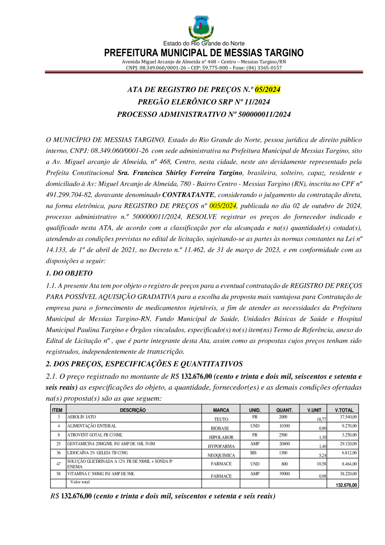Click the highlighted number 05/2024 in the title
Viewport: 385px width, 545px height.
tap(267, 89)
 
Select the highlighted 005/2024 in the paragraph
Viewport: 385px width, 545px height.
tap(223, 205)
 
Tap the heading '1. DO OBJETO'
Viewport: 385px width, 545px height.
tap(69, 273)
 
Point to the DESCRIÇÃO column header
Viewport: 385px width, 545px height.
tap(133, 410)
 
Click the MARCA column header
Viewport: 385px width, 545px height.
tap(221, 410)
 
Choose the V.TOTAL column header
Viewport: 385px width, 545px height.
tap(344, 410)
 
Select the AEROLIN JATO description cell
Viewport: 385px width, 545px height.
tap(82, 417)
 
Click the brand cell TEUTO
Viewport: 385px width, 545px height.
tap(221, 419)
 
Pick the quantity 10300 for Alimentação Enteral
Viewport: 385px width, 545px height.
tap(284, 426)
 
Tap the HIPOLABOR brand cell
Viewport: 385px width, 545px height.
tap(221, 437)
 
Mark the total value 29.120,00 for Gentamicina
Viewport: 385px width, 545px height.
tap(349, 444)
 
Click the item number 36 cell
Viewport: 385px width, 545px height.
tap(58, 453)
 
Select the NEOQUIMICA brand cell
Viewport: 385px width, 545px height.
tap(221, 455)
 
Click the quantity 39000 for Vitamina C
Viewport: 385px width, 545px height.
tap(284, 474)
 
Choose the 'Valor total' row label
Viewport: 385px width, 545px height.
tap(80, 482)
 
